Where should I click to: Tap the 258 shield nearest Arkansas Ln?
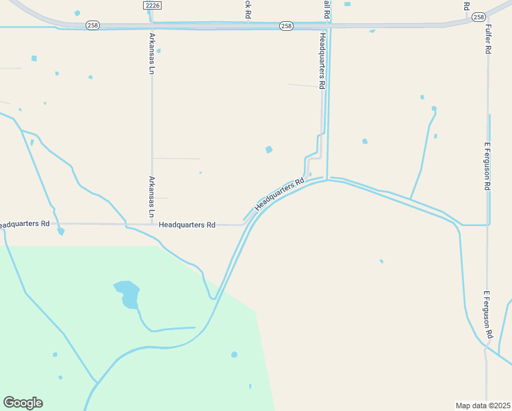click(x=92, y=25)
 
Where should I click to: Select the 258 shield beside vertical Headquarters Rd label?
click(x=286, y=26)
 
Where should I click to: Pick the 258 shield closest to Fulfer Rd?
click(x=478, y=16)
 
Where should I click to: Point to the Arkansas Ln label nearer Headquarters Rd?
click(x=152, y=197)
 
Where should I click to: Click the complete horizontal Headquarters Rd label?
click(x=187, y=225)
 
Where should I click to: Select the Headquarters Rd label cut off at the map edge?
click(x=25, y=224)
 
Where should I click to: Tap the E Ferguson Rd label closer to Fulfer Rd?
click(x=487, y=166)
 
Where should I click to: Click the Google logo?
click(x=23, y=403)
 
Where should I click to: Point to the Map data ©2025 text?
click(x=483, y=406)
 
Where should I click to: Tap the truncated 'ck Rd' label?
click(x=248, y=8)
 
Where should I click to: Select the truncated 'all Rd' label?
click(x=327, y=8)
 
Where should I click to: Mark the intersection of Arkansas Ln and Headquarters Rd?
click(x=152, y=224)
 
